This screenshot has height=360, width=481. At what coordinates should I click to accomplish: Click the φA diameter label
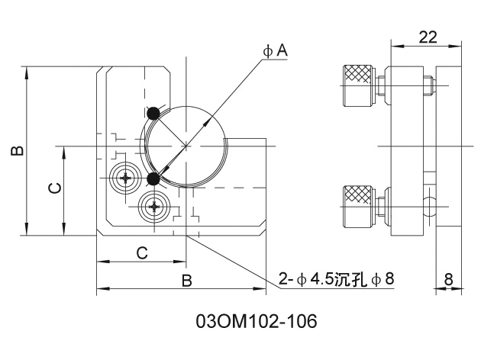click(x=276, y=50)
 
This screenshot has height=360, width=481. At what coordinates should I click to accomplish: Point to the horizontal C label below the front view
click(x=141, y=252)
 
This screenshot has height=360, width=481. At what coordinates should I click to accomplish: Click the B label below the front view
click(x=186, y=281)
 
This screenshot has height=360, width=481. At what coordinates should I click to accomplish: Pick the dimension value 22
click(x=428, y=36)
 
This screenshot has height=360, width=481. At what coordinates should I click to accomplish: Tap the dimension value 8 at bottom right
click(x=448, y=279)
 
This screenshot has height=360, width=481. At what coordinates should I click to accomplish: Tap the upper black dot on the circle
click(x=153, y=113)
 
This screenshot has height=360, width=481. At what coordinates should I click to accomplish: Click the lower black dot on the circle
click(x=153, y=179)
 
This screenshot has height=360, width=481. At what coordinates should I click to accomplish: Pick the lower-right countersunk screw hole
click(x=156, y=205)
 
